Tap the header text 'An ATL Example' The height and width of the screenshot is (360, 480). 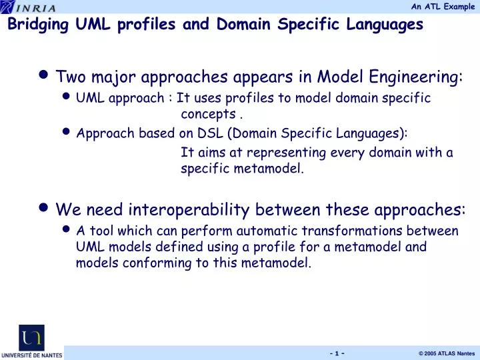click(443, 6)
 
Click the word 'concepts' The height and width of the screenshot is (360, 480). click(208, 113)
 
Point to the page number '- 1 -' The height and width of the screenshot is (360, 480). click(336, 353)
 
